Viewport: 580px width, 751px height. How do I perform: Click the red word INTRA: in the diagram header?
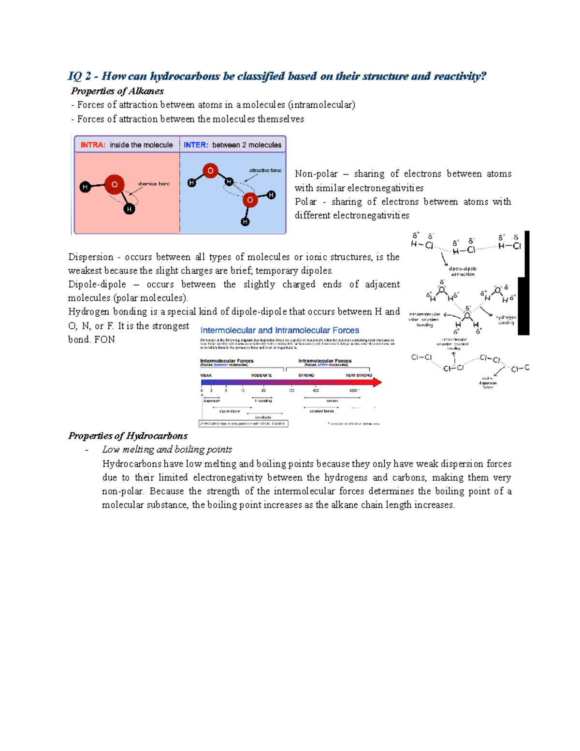coord(93,145)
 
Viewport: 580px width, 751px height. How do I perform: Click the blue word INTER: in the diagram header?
coord(196,145)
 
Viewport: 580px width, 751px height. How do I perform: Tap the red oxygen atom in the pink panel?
coord(115,184)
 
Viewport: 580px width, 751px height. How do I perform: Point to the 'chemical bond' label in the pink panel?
coord(154,184)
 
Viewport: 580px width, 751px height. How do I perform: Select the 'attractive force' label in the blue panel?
coord(265,170)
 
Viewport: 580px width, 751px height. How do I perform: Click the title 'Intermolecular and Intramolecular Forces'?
coord(279,330)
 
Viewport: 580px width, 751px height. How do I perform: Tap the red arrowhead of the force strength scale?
coord(377,383)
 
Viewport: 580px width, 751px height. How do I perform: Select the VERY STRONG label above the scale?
coord(359,375)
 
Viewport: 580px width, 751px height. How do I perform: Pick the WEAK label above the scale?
coord(206,375)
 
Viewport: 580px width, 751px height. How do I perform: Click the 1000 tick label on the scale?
coord(354,390)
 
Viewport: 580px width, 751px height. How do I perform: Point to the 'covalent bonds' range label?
coord(321,411)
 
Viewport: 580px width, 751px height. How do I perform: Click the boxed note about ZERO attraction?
coord(244,424)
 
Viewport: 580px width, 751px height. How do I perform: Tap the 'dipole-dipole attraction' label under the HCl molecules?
coord(463,271)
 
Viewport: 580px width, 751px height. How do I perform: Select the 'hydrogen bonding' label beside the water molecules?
coord(506,320)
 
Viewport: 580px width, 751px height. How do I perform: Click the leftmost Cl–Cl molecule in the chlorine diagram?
coord(421,357)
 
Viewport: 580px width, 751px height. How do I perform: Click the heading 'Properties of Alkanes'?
coord(117,91)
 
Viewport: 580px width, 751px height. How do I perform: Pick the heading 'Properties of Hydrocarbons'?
coord(128,436)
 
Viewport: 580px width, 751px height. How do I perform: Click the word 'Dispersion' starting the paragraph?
coord(91,257)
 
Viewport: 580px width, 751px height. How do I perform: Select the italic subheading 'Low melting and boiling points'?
coord(167,449)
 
